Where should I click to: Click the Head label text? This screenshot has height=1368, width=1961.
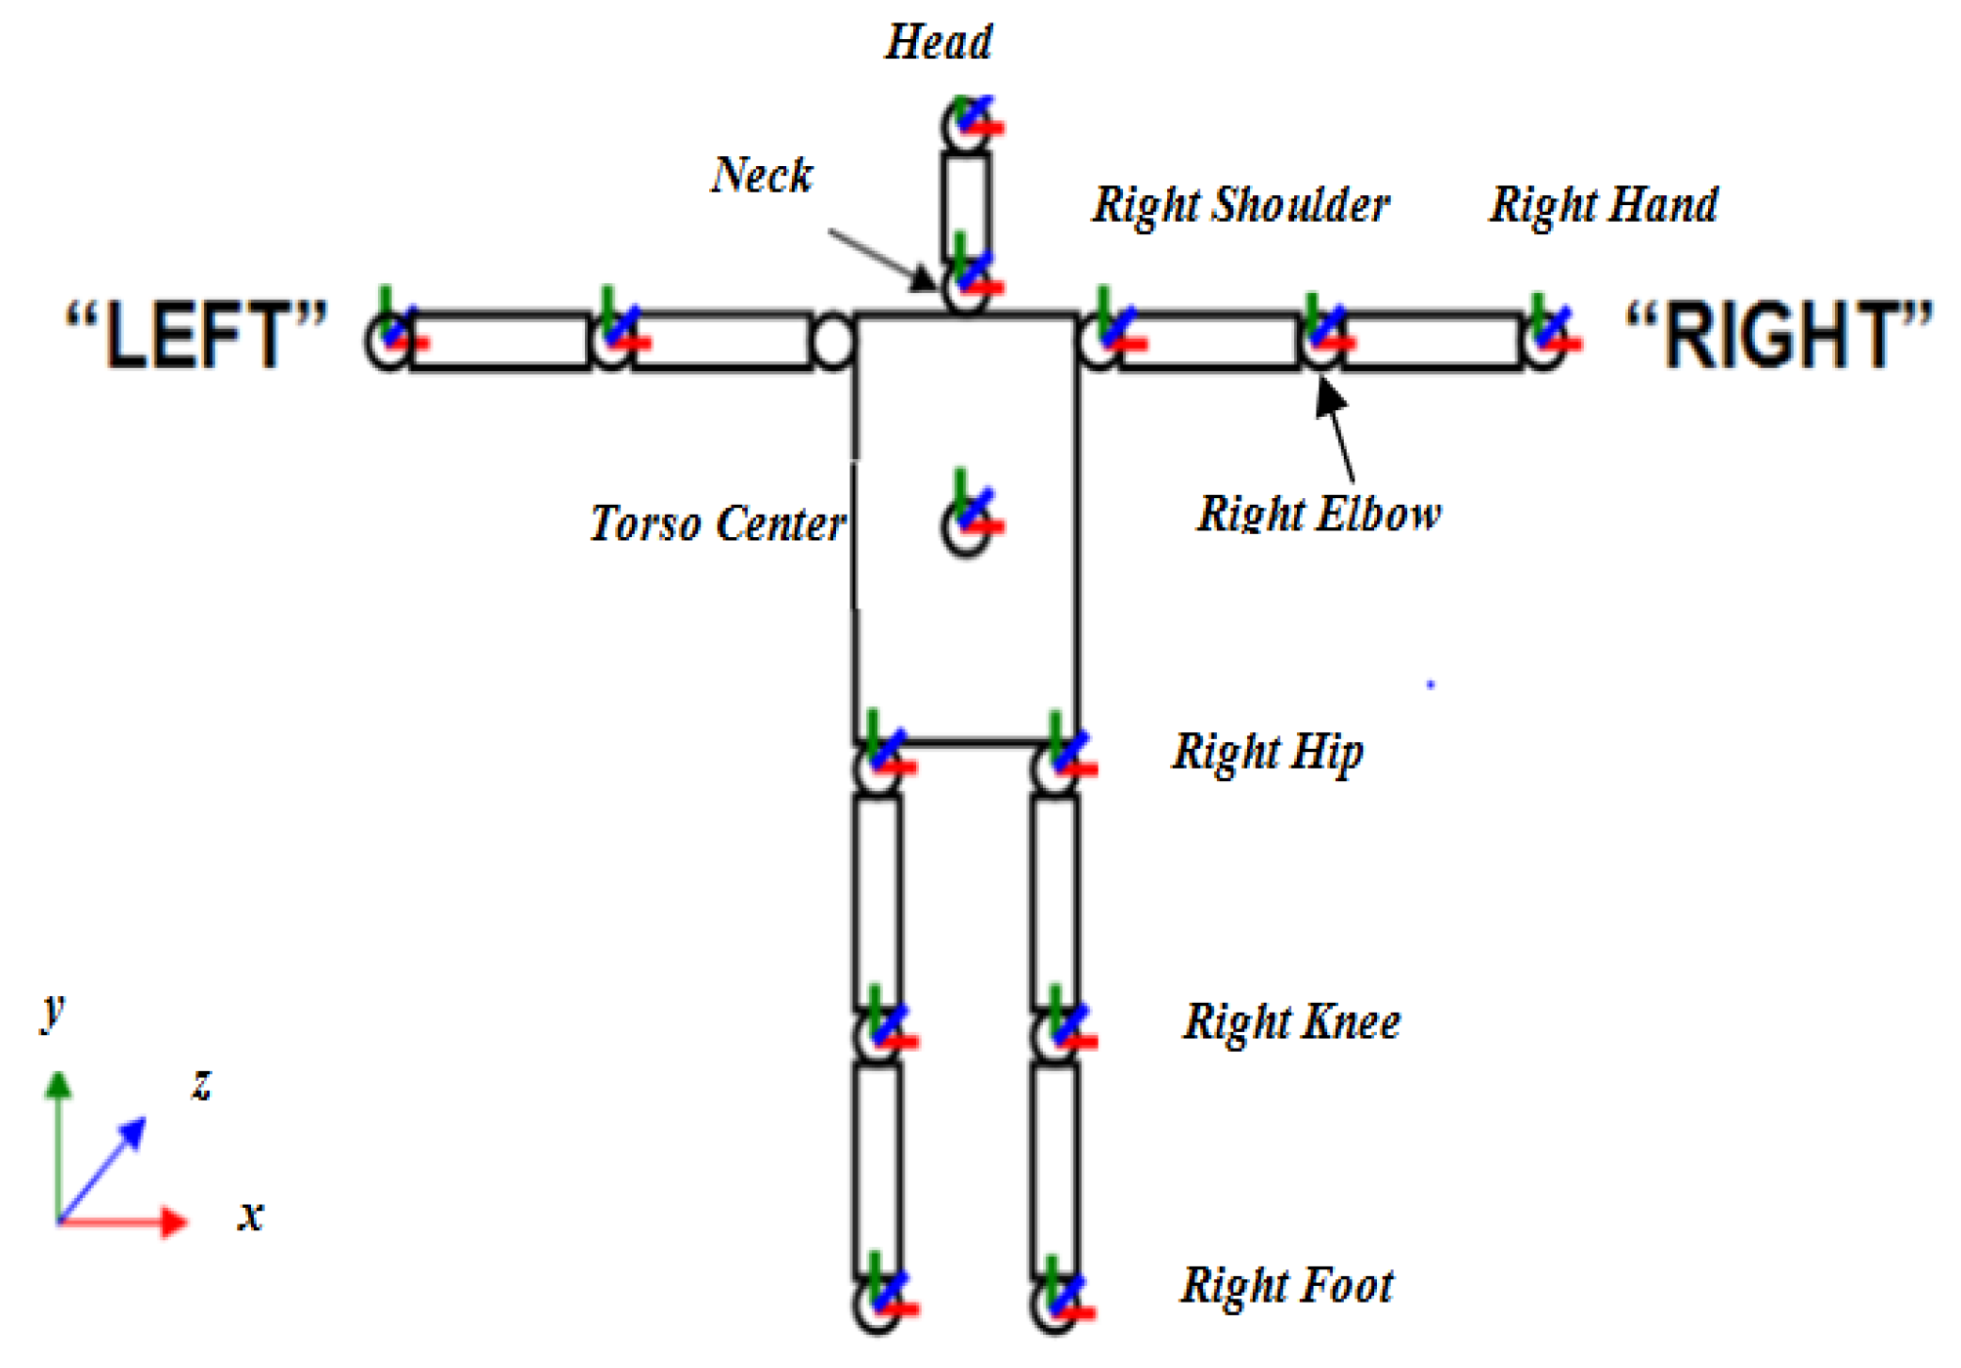[939, 43]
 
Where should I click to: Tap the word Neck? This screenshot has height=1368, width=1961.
[762, 176]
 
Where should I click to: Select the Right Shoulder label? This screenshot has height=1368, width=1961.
[1240, 205]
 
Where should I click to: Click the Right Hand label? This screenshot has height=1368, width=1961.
[1603, 205]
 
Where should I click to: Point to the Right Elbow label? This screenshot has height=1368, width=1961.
[1318, 514]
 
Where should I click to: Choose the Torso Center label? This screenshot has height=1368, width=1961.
[717, 523]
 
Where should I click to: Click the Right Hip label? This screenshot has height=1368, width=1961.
[1268, 752]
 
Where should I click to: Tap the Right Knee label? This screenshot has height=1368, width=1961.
[1291, 1022]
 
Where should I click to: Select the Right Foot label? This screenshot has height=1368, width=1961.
[1287, 1285]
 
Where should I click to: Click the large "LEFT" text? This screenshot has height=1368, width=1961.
[195, 335]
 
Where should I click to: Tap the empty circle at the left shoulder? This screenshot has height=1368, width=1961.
[832, 342]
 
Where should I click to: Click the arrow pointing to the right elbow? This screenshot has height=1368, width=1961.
[1338, 430]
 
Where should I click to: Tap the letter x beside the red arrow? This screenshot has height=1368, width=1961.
[251, 1217]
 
